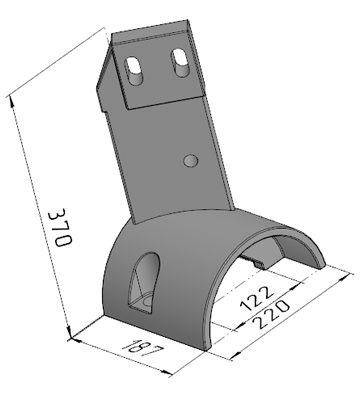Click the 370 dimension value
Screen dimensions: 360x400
60,228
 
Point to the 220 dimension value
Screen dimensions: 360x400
270,313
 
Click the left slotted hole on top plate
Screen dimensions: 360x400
134,71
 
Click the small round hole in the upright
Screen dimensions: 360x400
191,160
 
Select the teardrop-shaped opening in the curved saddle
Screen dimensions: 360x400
145,283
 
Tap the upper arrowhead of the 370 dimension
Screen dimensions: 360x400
11,101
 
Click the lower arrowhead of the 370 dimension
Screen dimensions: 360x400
69,334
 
